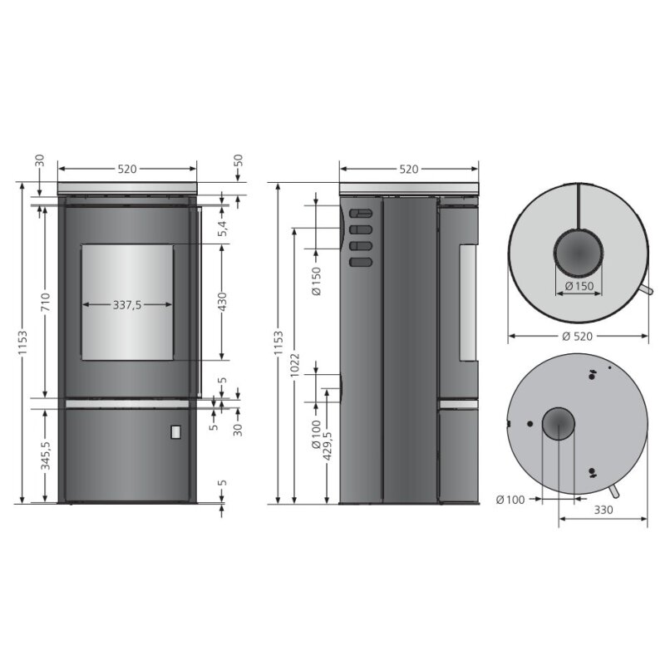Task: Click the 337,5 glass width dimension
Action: (x=127, y=305)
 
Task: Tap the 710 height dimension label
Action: (x=46, y=300)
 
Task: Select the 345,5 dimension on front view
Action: (x=46, y=455)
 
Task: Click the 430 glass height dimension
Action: (x=222, y=302)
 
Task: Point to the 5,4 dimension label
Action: (x=223, y=227)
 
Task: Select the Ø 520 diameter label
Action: (x=578, y=337)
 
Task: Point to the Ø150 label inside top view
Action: (x=579, y=287)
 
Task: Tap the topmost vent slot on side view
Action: (x=360, y=213)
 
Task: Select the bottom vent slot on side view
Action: (x=360, y=263)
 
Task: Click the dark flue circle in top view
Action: (x=579, y=252)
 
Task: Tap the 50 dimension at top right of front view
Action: (x=238, y=162)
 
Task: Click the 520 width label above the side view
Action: (x=408, y=169)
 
